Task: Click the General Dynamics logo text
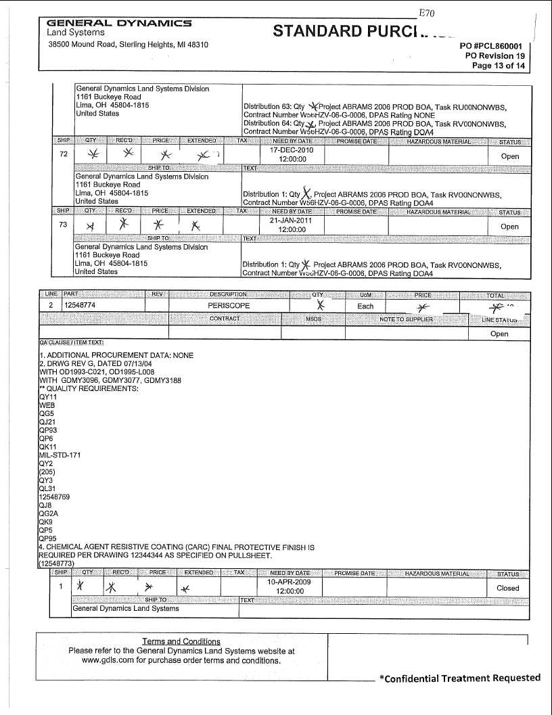[118, 23]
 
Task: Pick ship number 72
[62, 154]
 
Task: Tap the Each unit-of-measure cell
[365, 306]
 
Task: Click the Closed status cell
[507, 588]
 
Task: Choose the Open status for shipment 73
[509, 227]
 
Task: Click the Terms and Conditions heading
[181, 641]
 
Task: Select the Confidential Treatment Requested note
[460, 678]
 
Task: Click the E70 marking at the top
[426, 13]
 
